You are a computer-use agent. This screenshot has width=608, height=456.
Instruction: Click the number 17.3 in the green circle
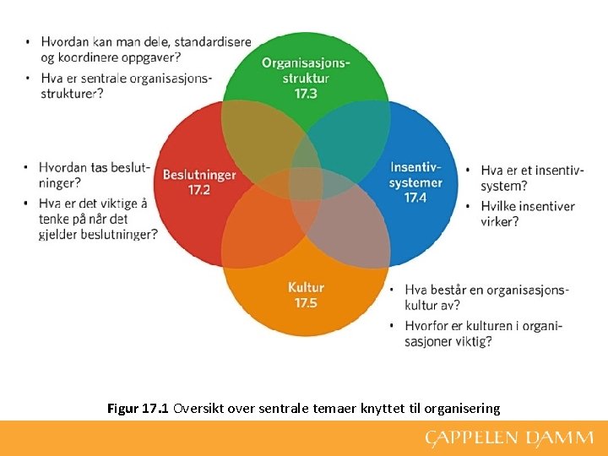[x=306, y=93]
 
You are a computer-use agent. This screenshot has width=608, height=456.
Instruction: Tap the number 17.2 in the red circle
[x=199, y=190]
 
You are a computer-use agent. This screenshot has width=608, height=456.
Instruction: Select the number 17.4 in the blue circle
[x=415, y=198]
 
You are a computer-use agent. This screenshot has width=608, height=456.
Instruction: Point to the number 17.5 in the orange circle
[x=306, y=302]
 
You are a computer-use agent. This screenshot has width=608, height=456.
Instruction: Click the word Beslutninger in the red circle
[x=199, y=175]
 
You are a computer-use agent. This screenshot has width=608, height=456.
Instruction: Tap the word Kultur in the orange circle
[x=306, y=287]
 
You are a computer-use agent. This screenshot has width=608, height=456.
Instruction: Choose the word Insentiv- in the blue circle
[x=415, y=167]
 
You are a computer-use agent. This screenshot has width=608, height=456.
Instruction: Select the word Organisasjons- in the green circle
[x=306, y=62]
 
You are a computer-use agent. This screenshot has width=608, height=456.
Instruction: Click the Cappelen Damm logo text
[x=509, y=438]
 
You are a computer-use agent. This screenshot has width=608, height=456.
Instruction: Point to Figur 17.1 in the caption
[x=138, y=409]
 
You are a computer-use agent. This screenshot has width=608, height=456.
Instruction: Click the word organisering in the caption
[x=460, y=409]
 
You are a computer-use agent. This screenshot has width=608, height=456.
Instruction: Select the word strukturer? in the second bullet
[x=73, y=93]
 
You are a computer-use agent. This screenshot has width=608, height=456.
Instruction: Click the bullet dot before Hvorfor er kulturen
[x=393, y=326]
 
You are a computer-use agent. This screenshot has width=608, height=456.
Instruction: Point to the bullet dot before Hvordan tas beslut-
[x=28, y=167]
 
